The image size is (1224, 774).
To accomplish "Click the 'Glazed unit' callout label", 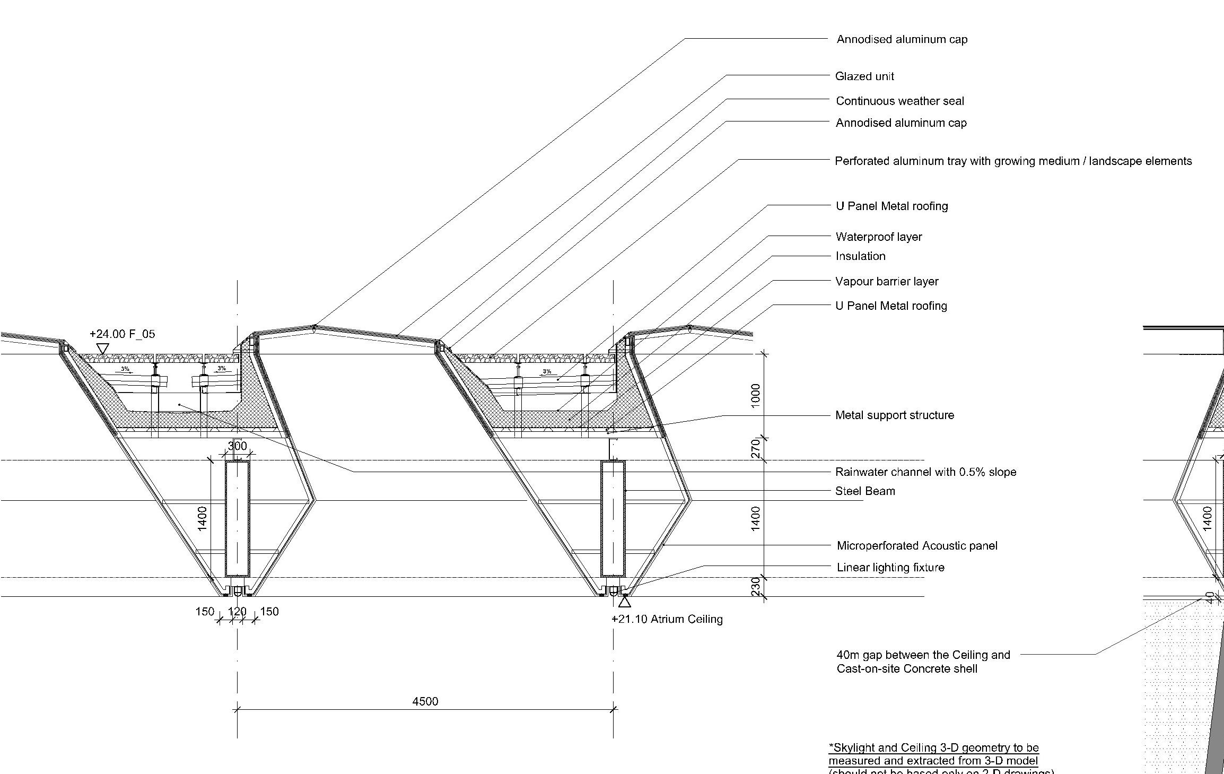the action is pyautogui.click(x=864, y=76).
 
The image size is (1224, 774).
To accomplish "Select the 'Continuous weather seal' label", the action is pyautogui.click(x=899, y=101).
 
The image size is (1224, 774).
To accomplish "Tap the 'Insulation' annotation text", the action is pyautogui.click(x=860, y=256).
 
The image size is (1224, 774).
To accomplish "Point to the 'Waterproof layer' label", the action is pyautogui.click(x=878, y=237).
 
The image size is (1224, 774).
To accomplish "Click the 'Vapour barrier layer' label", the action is pyautogui.click(x=887, y=282).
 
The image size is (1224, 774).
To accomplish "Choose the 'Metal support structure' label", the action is pyautogui.click(x=894, y=415).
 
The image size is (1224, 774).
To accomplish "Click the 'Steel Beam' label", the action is pyautogui.click(x=865, y=491).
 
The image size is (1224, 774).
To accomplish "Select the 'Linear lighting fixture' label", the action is pyautogui.click(x=890, y=568).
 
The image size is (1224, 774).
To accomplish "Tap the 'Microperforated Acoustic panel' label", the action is pyautogui.click(x=916, y=546).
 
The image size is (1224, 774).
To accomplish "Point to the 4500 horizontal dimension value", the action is pyautogui.click(x=425, y=701).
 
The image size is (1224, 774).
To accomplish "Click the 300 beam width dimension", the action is pyautogui.click(x=237, y=446).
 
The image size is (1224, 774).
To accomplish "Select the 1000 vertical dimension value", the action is pyautogui.click(x=756, y=395).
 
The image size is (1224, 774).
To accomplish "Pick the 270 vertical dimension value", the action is pyautogui.click(x=756, y=449).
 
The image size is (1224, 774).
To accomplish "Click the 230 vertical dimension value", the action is pyautogui.click(x=756, y=587).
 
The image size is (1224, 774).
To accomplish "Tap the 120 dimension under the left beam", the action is pyautogui.click(x=237, y=612).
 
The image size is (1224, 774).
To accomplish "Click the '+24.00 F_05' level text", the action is pyautogui.click(x=122, y=334).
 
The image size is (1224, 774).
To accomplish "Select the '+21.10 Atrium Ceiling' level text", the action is pyautogui.click(x=667, y=619).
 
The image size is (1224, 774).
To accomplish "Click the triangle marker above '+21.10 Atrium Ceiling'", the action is pyautogui.click(x=625, y=602).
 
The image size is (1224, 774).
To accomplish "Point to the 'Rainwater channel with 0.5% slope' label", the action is pyautogui.click(x=925, y=472).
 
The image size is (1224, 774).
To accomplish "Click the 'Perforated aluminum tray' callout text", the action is pyautogui.click(x=1013, y=161).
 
